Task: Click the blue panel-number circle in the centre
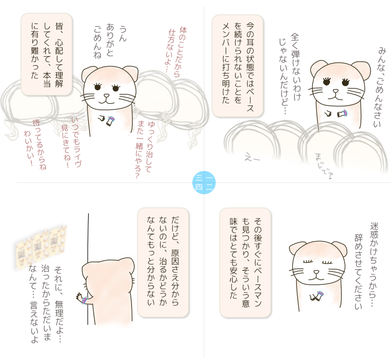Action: click(x=204, y=183)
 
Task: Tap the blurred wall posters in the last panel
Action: click(x=41, y=247)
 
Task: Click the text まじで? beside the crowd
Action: click(x=323, y=166)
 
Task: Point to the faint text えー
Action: click(x=252, y=158)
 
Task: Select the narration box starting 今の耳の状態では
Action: click(x=237, y=66)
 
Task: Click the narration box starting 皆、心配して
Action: click(x=46, y=54)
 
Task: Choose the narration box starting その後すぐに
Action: click(x=245, y=263)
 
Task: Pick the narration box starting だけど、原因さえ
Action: click(x=163, y=262)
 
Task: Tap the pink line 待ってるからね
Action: click(x=40, y=145)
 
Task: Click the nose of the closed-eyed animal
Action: click(x=316, y=272)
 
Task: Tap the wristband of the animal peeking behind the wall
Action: click(x=84, y=300)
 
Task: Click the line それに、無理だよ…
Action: click(x=58, y=304)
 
